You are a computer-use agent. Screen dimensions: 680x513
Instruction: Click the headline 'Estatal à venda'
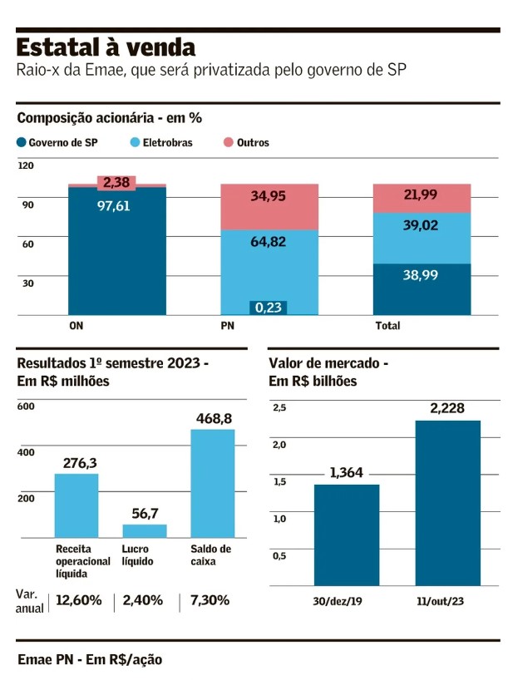[106, 47]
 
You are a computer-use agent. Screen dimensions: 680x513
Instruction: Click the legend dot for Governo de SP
[22, 143]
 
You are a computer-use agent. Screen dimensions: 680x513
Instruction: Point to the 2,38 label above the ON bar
[116, 182]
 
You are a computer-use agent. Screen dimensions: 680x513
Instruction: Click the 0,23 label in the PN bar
[268, 307]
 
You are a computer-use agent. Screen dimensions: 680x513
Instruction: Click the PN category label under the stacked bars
[227, 326]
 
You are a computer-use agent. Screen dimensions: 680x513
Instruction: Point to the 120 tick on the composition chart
[26, 166]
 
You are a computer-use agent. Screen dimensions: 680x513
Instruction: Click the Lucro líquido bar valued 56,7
[145, 530]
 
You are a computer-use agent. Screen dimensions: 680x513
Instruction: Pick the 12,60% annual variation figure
[79, 600]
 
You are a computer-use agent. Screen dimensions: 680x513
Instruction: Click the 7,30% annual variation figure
[209, 600]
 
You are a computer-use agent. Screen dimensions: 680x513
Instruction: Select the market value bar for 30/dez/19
[347, 535]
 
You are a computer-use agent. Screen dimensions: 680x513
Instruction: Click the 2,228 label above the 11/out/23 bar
[447, 408]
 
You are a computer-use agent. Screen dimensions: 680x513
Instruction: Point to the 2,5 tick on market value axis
[279, 407]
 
